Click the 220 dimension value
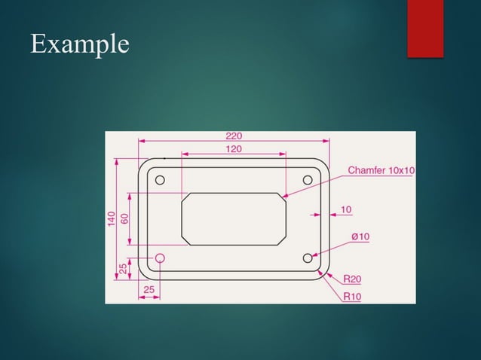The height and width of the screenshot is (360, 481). click(x=234, y=136)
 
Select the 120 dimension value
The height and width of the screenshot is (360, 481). click(x=234, y=149)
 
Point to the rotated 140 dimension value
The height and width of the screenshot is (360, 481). click(x=112, y=218)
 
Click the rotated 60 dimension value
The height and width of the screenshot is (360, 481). click(x=124, y=218)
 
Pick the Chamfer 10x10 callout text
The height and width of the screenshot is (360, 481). click(x=381, y=171)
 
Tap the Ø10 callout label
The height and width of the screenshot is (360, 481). click(x=360, y=236)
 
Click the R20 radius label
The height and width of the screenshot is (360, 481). click(x=351, y=279)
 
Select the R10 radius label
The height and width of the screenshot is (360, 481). click(x=351, y=296)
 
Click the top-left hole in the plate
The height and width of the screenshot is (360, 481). click(x=160, y=180)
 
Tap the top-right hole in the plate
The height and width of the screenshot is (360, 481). click(x=308, y=180)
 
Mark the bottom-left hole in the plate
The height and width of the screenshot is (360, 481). click(x=160, y=258)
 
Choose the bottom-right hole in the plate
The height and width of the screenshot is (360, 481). click(x=308, y=258)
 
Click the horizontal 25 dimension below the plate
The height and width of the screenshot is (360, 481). click(x=149, y=289)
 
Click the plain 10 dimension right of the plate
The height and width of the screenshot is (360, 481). click(x=346, y=209)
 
